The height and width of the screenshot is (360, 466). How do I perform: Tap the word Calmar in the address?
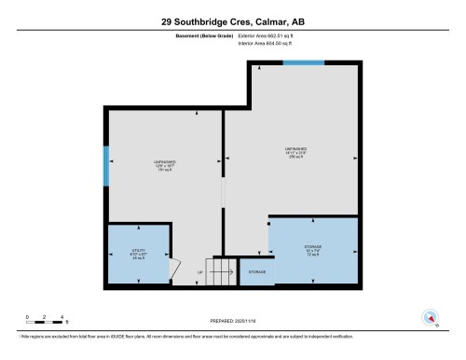270,20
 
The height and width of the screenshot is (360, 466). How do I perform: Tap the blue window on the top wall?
304,62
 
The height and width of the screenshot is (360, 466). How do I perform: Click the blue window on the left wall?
106,165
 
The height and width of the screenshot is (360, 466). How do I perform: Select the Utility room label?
138,252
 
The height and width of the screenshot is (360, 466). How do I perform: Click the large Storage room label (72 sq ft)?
313,250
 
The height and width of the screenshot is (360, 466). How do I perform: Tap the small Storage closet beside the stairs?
255,271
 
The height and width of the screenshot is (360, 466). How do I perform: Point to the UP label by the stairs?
199,272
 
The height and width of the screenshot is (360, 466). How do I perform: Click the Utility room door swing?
172,269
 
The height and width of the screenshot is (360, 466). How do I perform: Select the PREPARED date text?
233,323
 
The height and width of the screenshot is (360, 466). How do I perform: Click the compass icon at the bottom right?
430,316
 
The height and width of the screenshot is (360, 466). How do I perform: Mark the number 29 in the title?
167,20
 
